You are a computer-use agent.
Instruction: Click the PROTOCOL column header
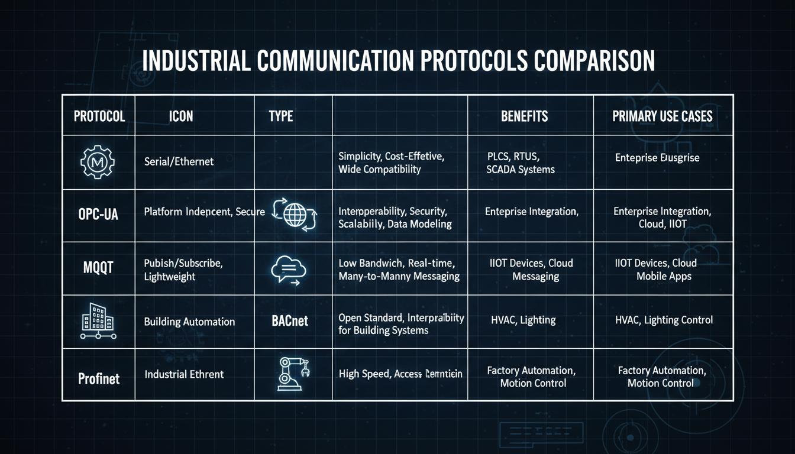pos(99,116)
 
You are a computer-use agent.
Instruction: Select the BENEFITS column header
pos(524,116)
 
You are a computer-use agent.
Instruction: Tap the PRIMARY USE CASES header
pos(662,116)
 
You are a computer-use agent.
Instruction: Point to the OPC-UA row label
pos(98,214)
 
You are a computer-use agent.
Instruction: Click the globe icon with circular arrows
pos(293,213)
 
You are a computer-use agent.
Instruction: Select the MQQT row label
pos(98,267)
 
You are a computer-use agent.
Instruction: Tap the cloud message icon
pos(288,270)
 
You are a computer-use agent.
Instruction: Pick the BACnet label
pos(289,322)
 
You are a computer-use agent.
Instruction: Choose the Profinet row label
pos(99,378)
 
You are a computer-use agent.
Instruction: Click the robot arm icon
pos(292,374)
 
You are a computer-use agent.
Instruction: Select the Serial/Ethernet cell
pos(179,161)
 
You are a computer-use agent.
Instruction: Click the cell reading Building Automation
pos(189,322)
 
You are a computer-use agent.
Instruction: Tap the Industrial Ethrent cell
pos(184,374)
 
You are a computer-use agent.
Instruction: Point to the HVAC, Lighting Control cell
pos(664,320)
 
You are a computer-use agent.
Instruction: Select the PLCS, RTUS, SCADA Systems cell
pos(521,163)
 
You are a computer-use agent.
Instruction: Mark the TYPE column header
pos(280,116)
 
